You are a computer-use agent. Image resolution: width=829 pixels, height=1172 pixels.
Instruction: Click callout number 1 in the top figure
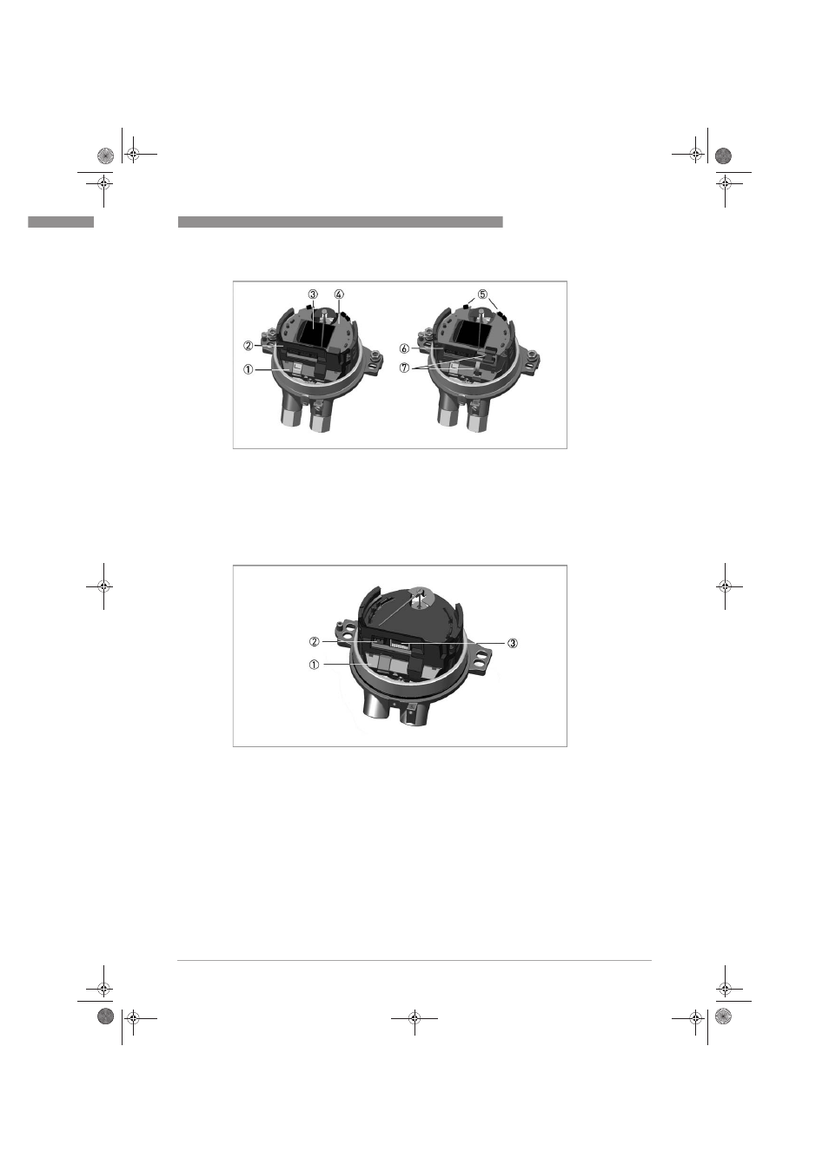(x=248, y=369)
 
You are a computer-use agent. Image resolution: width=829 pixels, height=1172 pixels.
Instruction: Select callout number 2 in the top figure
(x=248, y=346)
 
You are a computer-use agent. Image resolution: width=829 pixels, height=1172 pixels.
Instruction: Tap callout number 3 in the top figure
(x=313, y=294)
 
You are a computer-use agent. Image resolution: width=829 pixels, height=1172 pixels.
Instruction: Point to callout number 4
(x=340, y=294)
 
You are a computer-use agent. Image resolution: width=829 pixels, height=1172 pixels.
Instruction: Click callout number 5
(x=482, y=294)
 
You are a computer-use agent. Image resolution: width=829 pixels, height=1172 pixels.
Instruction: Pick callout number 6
(x=405, y=348)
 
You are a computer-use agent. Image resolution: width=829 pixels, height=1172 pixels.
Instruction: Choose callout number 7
(x=405, y=367)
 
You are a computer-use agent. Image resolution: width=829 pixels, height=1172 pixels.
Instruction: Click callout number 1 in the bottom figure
(x=314, y=665)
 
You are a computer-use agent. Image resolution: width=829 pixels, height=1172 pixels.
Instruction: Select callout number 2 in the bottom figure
(x=314, y=641)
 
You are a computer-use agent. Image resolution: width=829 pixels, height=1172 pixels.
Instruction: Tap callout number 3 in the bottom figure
(x=513, y=643)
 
